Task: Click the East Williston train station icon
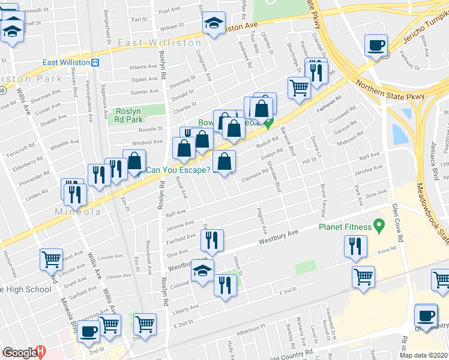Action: click(95, 63)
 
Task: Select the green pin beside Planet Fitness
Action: click(378, 226)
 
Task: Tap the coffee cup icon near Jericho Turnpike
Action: click(376, 46)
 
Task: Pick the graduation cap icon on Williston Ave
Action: click(213, 23)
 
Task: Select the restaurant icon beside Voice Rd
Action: click(355, 247)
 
